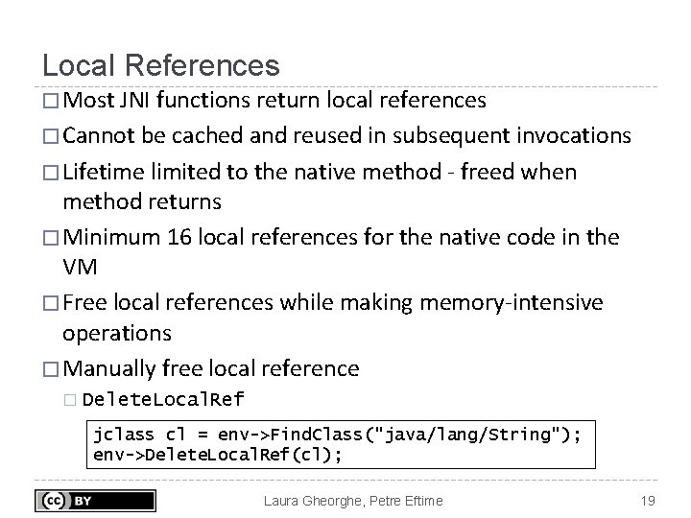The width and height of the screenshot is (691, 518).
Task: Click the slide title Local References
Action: point(161,65)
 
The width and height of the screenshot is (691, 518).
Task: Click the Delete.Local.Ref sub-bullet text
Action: point(163,400)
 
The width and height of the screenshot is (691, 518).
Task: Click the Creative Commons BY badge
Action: point(96,500)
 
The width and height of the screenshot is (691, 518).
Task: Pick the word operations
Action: point(117,334)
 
